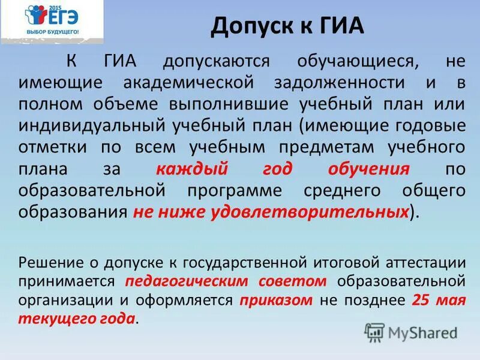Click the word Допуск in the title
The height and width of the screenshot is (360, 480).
point(250,26)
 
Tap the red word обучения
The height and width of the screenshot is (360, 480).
point(368,169)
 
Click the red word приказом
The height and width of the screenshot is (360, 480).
point(275,300)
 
